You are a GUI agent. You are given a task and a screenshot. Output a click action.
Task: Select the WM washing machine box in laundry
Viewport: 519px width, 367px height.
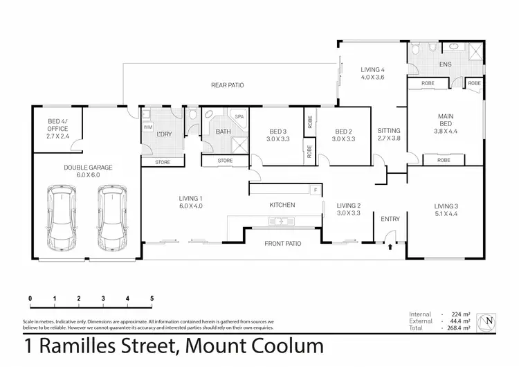point(147,127)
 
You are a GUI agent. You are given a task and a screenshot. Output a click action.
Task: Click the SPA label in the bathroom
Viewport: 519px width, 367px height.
point(239,117)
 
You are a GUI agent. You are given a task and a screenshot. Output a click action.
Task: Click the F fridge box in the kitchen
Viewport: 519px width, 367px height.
point(315,190)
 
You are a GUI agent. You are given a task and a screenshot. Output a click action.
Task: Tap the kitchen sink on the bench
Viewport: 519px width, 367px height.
point(282,222)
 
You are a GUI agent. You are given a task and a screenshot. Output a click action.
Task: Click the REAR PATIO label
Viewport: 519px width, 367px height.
point(227,85)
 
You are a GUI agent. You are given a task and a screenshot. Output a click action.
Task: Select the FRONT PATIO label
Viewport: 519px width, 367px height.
point(282,244)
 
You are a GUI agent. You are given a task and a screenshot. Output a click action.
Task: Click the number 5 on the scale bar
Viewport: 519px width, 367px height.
point(152,298)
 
